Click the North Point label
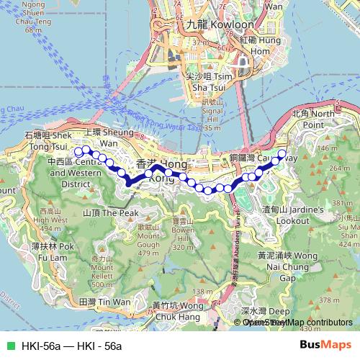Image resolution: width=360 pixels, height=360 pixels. click(313, 119)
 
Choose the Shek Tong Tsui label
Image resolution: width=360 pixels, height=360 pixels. click(48, 140)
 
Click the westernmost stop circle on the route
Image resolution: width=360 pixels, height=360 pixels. click(78, 151)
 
